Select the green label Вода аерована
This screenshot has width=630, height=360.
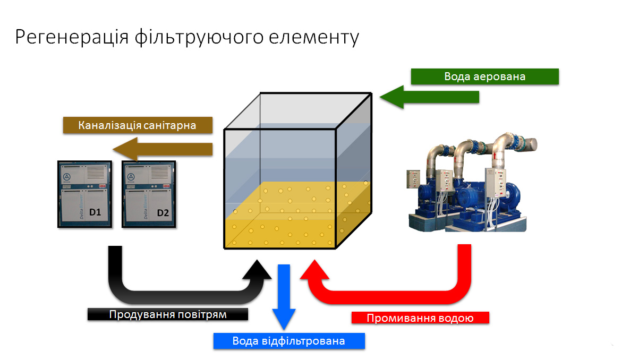point(484,76)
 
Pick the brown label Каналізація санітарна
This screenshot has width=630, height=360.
point(138,126)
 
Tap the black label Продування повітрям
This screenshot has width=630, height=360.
point(168,314)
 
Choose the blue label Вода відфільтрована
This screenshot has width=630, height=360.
point(288,341)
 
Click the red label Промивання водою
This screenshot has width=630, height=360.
point(420,318)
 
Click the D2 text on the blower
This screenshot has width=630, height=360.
point(163,213)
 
